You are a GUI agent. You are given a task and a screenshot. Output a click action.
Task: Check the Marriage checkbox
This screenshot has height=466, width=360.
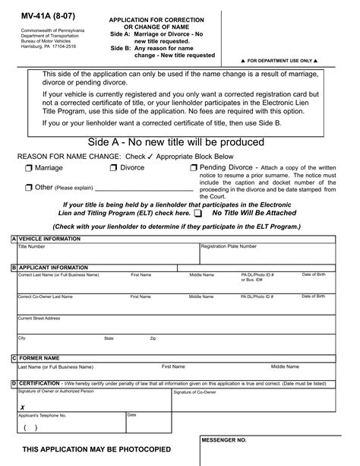click(29, 168)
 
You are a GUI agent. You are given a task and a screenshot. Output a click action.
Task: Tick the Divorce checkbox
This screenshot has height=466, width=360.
click(114, 168)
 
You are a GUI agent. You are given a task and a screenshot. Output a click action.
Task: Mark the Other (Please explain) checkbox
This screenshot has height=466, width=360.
click(28, 187)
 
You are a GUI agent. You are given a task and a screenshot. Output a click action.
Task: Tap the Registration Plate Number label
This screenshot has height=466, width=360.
click(228, 246)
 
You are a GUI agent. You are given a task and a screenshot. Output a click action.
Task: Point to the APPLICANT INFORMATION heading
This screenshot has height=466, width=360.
click(53, 268)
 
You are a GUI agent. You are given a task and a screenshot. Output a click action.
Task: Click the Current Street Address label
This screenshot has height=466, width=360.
click(39, 319)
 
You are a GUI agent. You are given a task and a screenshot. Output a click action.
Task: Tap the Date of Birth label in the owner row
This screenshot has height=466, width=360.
click(314, 274)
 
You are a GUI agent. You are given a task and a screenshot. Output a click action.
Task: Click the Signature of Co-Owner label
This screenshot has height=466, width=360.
click(194, 392)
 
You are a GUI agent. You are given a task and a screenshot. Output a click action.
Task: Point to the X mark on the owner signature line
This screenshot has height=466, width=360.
click(22, 407)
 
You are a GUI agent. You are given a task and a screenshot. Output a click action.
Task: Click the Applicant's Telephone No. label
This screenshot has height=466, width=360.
click(42, 416)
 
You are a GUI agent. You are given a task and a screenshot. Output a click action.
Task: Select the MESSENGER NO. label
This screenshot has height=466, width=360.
click(224, 440)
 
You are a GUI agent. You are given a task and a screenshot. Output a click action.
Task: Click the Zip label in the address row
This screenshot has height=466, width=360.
click(153, 338)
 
